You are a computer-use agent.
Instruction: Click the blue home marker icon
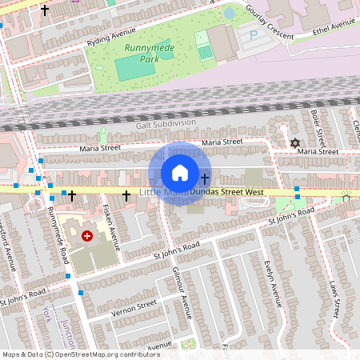[180, 173]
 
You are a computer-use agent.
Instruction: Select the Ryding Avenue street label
[111, 36]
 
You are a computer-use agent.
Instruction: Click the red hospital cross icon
[87, 236]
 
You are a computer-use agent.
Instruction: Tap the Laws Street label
[334, 296]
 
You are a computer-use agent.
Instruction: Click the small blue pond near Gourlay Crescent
[229, 13]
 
